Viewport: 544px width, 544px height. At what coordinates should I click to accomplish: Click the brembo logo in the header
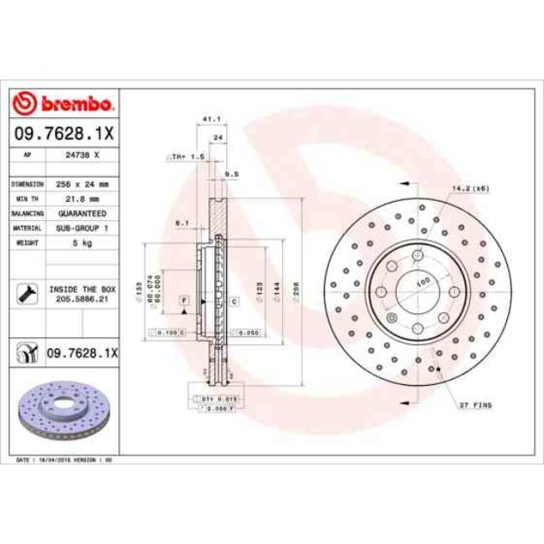pos(64,104)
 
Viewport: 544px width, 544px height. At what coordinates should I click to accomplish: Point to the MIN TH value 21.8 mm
pos(82,198)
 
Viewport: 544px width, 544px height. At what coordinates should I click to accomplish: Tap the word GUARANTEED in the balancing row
pos(82,213)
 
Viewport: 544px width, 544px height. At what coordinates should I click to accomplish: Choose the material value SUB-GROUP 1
pos(82,228)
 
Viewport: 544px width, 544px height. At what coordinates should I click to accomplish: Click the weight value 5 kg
pos(82,243)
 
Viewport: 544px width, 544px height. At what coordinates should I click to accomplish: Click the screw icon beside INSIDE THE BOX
pos(27,292)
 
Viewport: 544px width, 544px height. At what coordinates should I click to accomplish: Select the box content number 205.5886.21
pos(82,298)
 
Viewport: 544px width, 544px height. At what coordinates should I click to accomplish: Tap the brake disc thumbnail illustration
pos(63,410)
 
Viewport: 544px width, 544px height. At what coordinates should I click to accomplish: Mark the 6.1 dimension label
pos(181,223)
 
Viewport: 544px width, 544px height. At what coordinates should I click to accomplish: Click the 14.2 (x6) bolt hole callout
pos(471,188)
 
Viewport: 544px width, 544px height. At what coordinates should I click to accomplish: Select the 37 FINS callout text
pos(475,405)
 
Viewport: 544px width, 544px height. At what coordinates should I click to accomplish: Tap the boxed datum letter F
pos(182,300)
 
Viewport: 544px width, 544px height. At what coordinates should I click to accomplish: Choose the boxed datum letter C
pos(234,300)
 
